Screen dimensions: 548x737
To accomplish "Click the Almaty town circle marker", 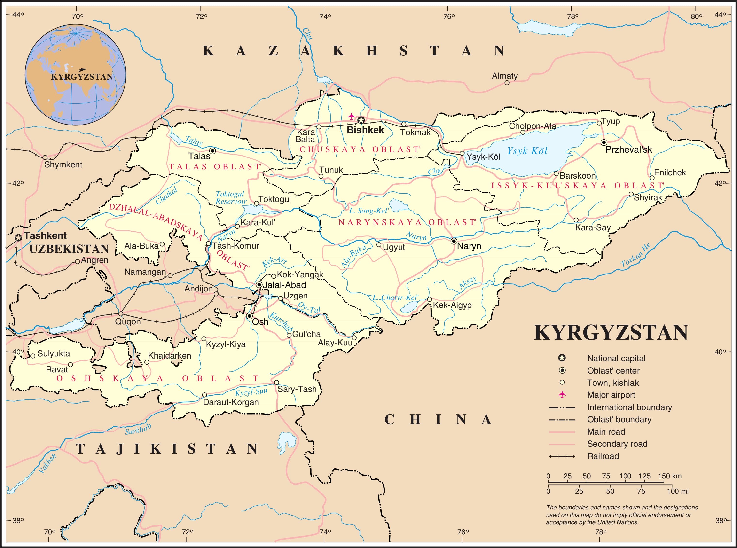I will tap(507, 83).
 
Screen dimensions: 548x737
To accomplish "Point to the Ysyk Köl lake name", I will tap(527, 151).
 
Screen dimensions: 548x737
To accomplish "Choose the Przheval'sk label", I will tap(628, 150).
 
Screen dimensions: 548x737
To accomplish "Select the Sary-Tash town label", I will tap(297, 389).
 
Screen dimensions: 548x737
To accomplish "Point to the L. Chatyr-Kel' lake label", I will tap(395, 297).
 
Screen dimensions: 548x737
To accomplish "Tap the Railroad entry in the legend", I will tap(603, 456).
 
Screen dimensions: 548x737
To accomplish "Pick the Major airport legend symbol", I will tap(562, 395).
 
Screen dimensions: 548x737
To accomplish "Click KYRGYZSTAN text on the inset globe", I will tap(82, 77).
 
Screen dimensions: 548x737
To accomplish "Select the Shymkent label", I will tap(63, 164).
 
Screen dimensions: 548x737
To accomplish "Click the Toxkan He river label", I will tap(635, 255).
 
